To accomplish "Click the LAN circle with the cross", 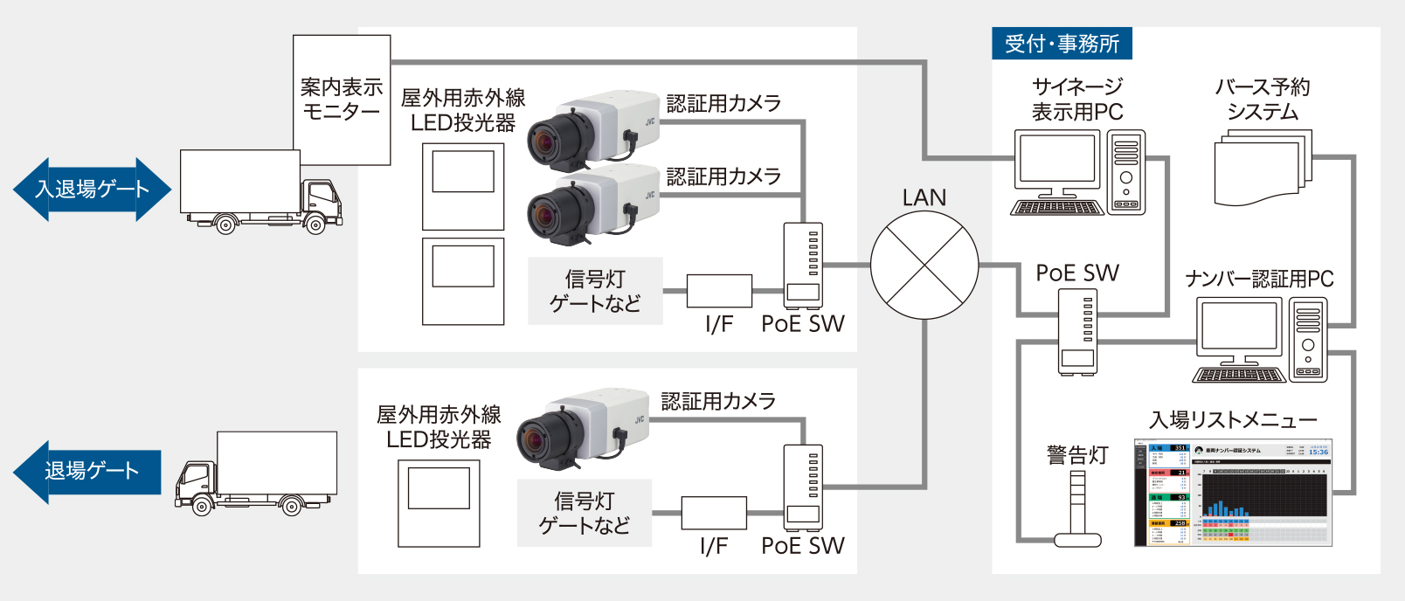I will pos(924,266).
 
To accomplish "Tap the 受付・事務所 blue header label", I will pos(1062,44).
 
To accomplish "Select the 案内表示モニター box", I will pos(342,100).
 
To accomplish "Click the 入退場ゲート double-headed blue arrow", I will pos(92,190).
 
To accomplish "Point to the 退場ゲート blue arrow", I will pos(87,472).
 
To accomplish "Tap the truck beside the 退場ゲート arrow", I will pos(256,473).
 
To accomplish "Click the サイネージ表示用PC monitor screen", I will pos(1057,158).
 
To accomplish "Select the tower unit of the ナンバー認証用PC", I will pos(1308,340).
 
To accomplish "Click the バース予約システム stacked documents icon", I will pos(1262,169).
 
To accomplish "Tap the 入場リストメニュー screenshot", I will pos(1233,493).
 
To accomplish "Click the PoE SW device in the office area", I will pos(1077,332).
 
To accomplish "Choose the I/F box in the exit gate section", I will pos(714,513).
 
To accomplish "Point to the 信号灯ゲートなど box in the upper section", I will pos(595,291).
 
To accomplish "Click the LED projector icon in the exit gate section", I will pos(439,503).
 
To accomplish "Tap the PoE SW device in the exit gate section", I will pos(803,487).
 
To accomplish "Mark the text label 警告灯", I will pos(1077,455).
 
